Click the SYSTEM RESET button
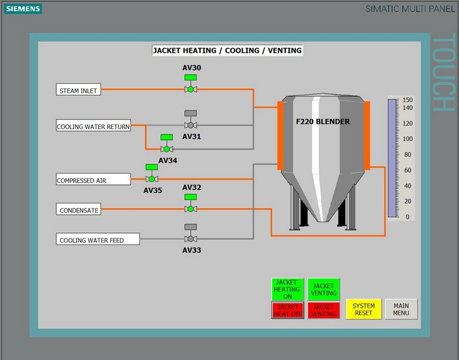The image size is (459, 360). click(x=364, y=309)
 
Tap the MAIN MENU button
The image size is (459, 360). click(x=401, y=309)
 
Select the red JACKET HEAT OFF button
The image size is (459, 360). click(x=287, y=310)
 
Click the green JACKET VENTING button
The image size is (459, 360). click(x=324, y=289)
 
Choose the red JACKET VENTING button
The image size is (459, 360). click(x=324, y=310)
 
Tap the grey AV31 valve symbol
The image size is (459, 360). click(x=190, y=119)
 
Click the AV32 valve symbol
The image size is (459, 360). click(x=190, y=203)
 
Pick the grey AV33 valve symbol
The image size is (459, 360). click(x=190, y=233)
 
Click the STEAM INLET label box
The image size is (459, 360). click(x=79, y=90)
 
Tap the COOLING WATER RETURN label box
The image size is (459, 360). click(x=94, y=125)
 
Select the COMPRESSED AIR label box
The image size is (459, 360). click(x=94, y=179)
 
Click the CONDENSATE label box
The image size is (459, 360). click(x=79, y=209)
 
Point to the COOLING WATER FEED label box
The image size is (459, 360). click(x=98, y=239)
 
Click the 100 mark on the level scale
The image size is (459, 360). click(x=407, y=139)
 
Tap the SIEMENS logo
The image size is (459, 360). click(x=23, y=9)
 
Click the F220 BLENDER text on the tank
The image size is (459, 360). click(x=322, y=122)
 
